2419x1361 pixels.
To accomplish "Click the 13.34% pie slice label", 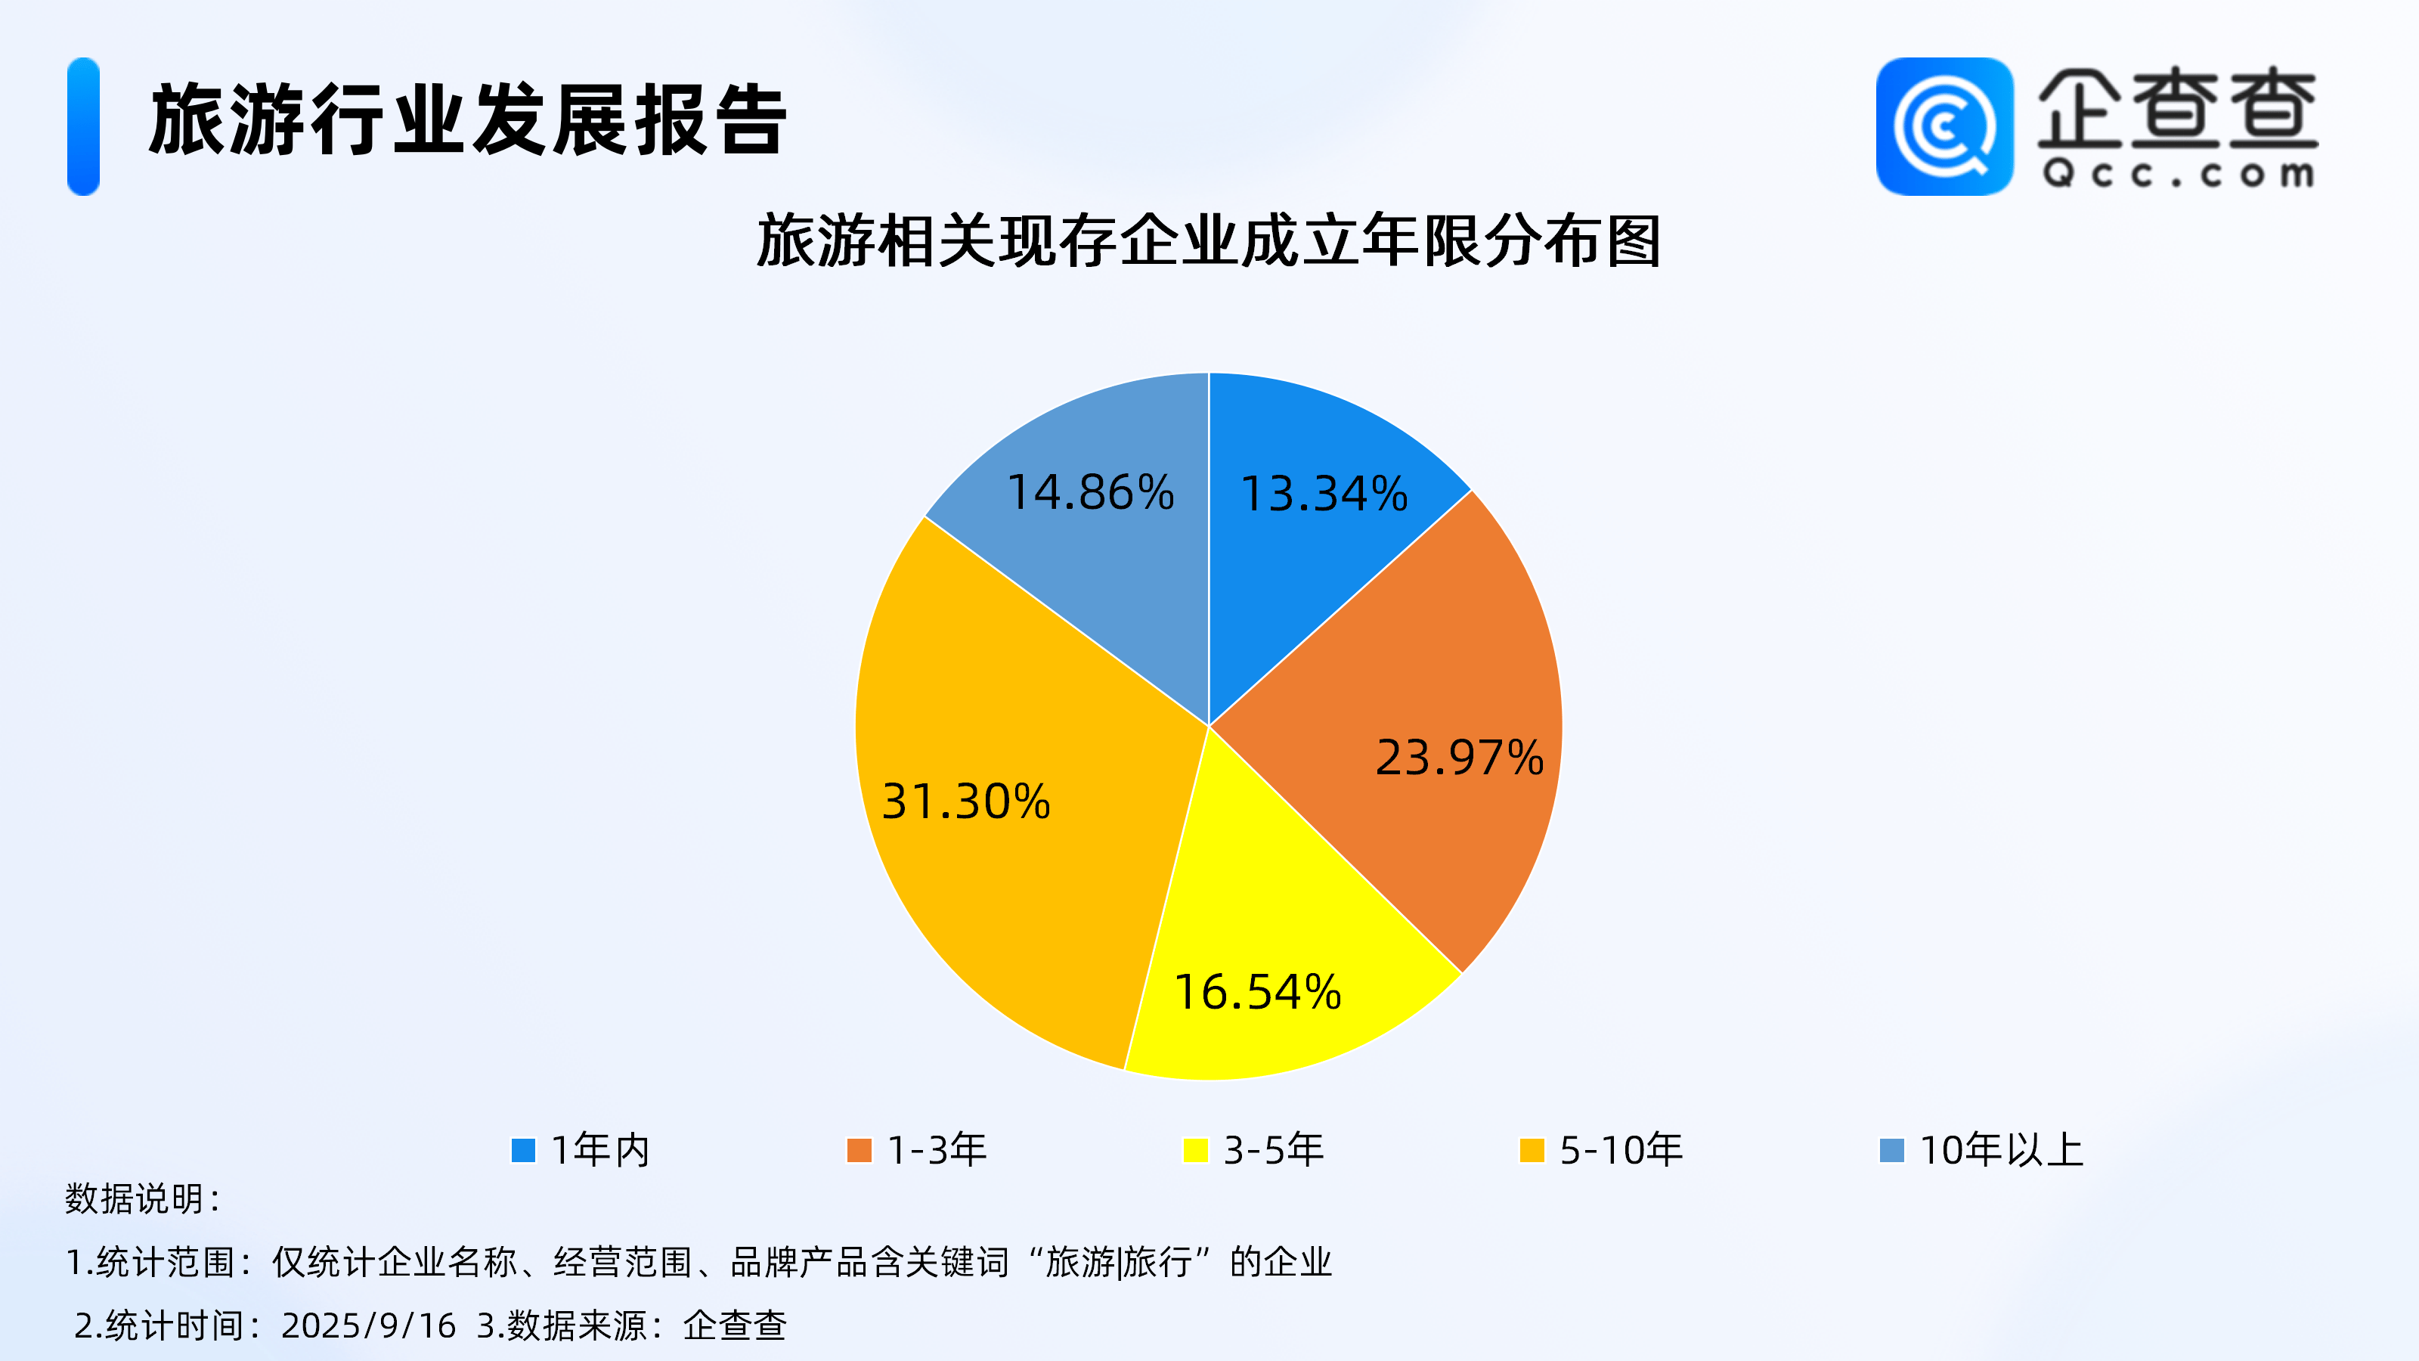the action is (x=1324, y=493).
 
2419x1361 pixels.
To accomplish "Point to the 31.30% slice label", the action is (x=965, y=801).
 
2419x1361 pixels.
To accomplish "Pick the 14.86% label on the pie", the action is (x=1090, y=492).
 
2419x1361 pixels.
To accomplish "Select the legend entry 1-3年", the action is (x=916, y=1149).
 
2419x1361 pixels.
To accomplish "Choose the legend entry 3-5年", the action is (x=1253, y=1149).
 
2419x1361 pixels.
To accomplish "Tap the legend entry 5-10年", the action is (x=1601, y=1149).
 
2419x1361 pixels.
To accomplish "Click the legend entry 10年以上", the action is (x=1981, y=1149).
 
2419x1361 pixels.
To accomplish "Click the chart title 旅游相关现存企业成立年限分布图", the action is (x=1209, y=241).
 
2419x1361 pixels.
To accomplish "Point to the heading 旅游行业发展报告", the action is (x=468, y=119).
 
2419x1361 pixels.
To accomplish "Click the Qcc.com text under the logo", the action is (x=2179, y=174).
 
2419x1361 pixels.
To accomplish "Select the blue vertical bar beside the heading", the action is (x=84, y=127).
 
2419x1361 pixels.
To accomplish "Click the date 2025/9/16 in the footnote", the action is (x=368, y=1325).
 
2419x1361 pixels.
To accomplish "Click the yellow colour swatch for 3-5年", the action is (x=1195, y=1149).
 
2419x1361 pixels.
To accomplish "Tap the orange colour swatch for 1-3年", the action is (x=860, y=1149).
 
